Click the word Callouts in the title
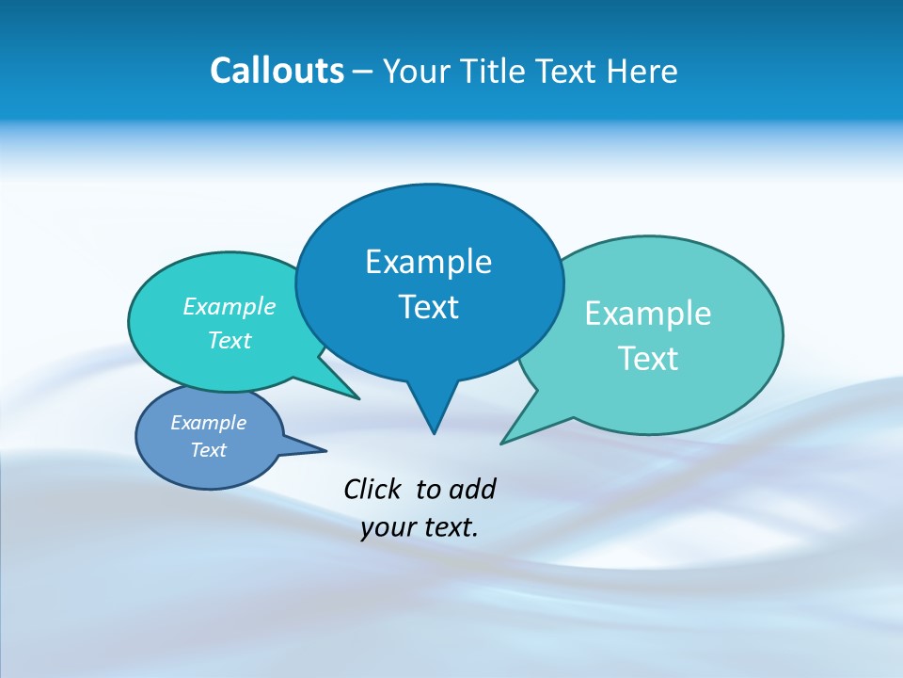(x=277, y=71)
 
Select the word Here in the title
(x=642, y=71)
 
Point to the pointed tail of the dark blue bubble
(x=434, y=431)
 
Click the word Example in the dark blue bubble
(x=428, y=262)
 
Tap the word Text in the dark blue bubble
(x=428, y=307)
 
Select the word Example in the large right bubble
(x=648, y=314)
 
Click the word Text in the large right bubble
(x=648, y=359)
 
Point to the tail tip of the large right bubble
(x=502, y=443)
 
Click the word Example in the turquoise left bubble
(x=230, y=307)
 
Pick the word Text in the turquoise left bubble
(x=230, y=341)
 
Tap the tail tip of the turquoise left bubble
(x=357, y=398)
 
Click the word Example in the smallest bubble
(x=209, y=423)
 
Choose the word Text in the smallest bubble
(x=209, y=450)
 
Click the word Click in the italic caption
(x=372, y=489)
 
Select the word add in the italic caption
(x=472, y=489)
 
